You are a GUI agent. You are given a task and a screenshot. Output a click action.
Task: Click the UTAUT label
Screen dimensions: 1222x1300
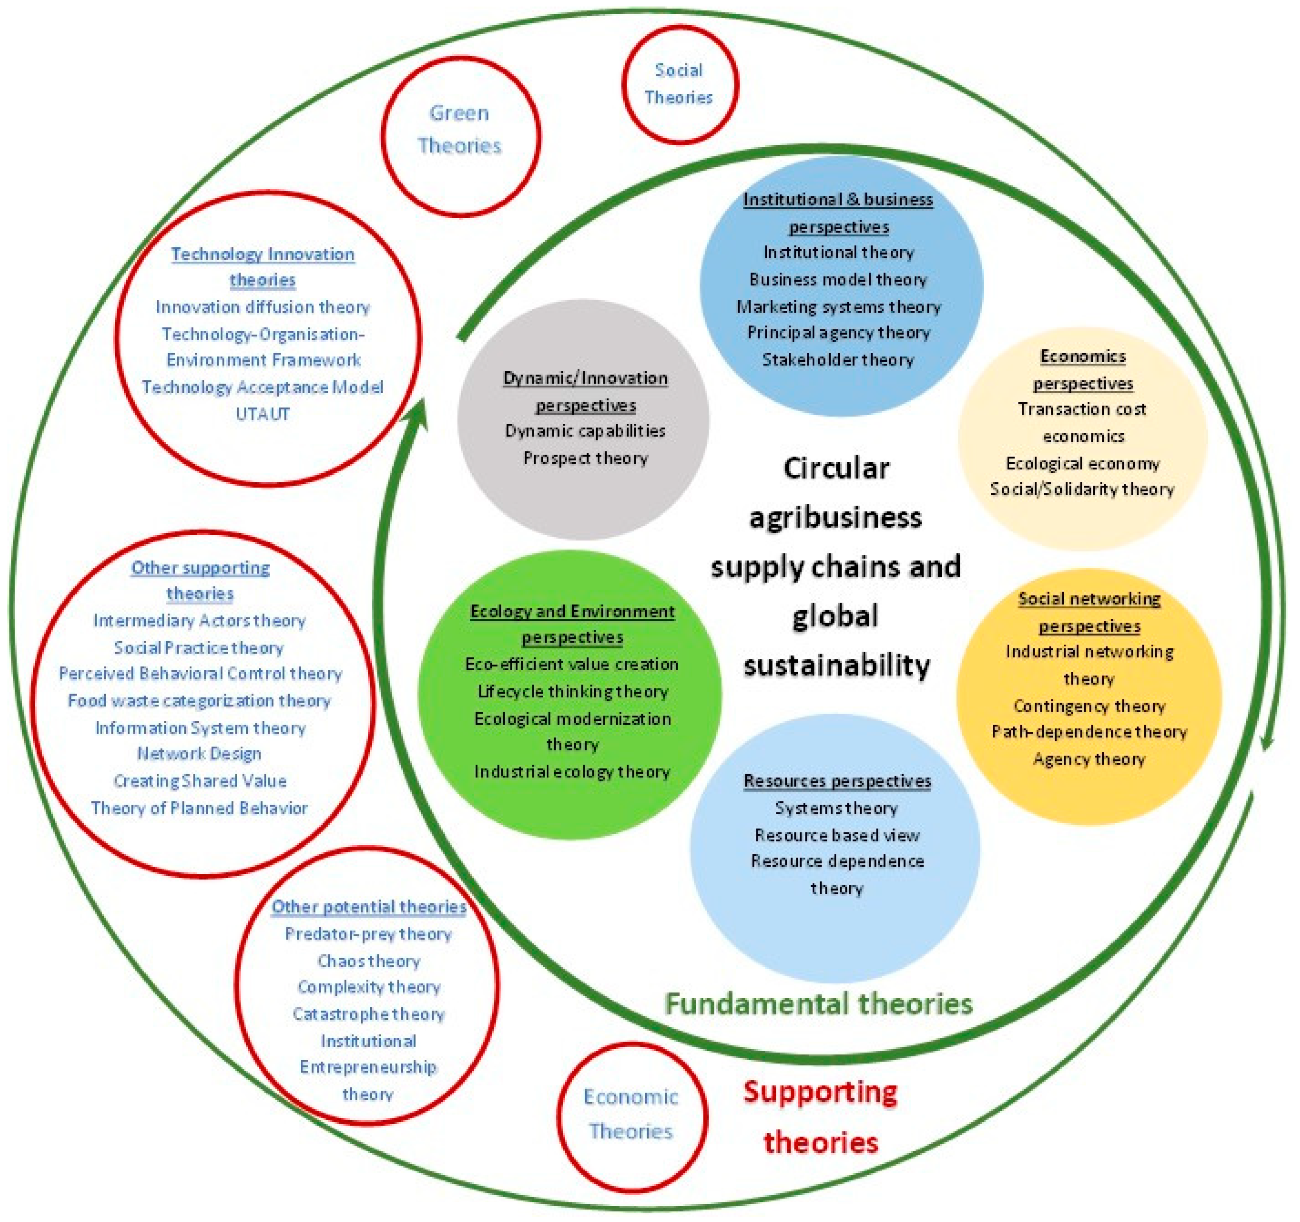point(262,414)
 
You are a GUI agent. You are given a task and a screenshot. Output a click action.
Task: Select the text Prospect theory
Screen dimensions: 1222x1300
point(585,458)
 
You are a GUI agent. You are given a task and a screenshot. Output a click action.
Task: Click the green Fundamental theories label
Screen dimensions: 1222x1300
point(819,1003)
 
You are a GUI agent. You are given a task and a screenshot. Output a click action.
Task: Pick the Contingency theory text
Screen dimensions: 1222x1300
point(1089,706)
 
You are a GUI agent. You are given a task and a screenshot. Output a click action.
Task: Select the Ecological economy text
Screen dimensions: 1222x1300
point(1082,464)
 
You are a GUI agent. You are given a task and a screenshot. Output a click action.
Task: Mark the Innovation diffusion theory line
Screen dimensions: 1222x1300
point(262,307)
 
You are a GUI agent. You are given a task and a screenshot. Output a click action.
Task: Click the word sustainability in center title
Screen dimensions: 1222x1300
point(836,665)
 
